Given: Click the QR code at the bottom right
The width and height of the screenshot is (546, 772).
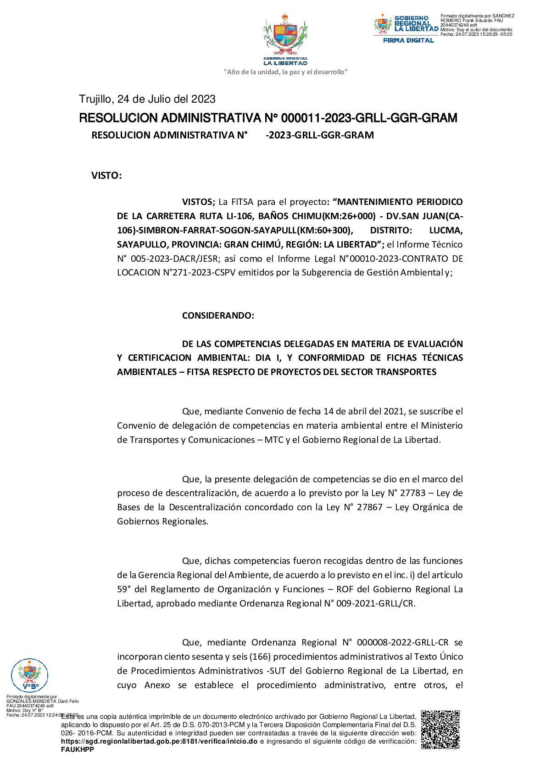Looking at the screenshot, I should coord(440,729).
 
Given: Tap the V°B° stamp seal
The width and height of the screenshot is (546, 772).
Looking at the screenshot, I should coord(29,675).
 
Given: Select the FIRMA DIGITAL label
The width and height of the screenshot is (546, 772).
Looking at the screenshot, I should coord(408,41).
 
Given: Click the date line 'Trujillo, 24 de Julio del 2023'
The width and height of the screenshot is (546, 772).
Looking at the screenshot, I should coord(147,99).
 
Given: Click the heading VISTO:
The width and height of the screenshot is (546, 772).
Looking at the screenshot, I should coord(106,176).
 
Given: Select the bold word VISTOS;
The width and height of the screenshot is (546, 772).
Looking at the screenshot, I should coord(198,202).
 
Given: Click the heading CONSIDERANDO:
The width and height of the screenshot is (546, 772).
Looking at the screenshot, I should coord(218,316).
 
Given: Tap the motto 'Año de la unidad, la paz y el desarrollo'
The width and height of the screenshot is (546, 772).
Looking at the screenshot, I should coord(285,72).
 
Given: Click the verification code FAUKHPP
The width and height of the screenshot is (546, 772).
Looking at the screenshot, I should coord(78,750).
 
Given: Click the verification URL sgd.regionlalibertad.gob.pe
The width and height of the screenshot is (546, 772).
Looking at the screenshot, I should coord(159,741).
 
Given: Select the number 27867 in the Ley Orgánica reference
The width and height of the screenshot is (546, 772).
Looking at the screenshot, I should coord(369,507).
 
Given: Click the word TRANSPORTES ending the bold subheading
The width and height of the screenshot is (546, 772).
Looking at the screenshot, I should coord(406,372).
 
